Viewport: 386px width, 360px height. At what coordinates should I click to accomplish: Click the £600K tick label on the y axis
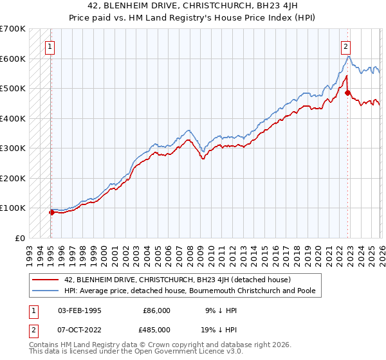[13, 59]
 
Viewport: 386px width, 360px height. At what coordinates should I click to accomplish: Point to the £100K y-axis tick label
[13, 208]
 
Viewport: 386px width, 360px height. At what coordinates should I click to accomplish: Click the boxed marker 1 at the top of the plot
[50, 46]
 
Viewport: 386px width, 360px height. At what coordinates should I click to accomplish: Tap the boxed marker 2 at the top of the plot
[346, 46]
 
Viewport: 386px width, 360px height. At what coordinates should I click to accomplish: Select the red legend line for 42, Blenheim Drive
[45, 280]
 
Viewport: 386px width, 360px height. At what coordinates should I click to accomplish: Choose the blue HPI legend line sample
[45, 291]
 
